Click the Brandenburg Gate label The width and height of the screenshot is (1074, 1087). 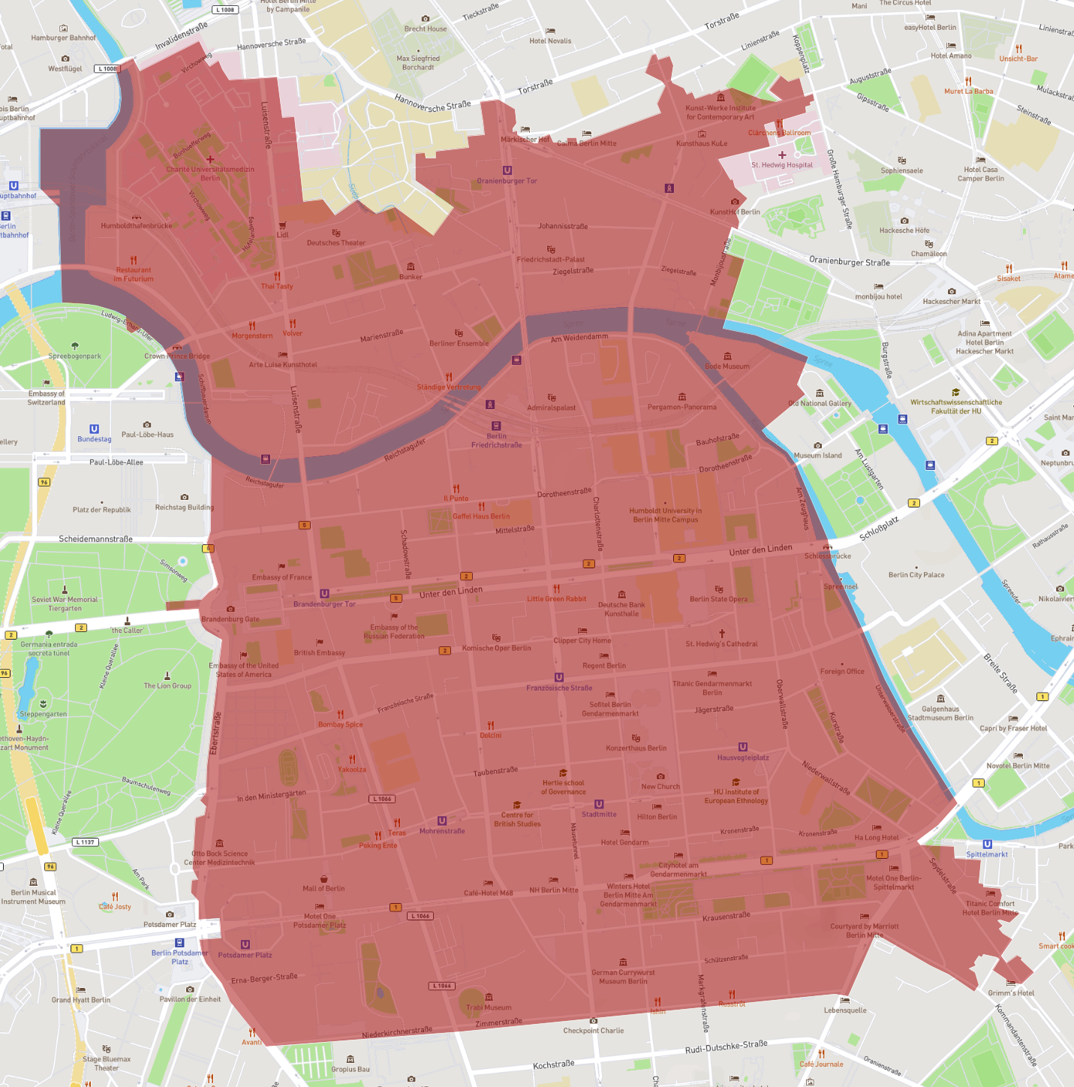tap(230, 619)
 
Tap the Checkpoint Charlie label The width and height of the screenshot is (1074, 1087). tap(593, 1031)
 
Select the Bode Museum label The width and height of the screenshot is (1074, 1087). tap(727, 366)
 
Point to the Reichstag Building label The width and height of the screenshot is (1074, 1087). tap(184, 507)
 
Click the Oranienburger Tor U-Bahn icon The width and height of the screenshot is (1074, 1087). tap(507, 170)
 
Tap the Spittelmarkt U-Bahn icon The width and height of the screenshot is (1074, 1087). tap(987, 844)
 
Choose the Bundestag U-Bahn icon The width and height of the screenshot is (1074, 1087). tap(94, 429)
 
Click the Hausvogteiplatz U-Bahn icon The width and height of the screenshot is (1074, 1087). tap(742, 747)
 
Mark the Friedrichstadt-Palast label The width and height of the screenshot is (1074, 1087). tap(551, 259)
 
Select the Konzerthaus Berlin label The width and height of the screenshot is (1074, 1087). tap(636, 748)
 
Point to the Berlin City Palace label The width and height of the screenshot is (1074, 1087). tap(916, 575)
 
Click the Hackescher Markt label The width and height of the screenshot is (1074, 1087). tap(951, 301)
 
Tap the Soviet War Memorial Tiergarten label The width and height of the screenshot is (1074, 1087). tap(65, 604)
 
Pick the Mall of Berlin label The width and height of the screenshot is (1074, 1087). tap(323, 888)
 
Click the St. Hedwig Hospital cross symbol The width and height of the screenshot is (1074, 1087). tap(782, 155)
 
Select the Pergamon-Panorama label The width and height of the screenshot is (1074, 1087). tap(681, 407)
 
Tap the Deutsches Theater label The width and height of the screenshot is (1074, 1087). tap(335, 242)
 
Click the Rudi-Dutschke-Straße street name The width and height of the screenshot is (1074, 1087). tap(726, 1047)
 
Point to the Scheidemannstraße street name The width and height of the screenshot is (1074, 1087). tap(95, 539)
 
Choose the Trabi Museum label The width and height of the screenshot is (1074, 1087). tap(489, 1007)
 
